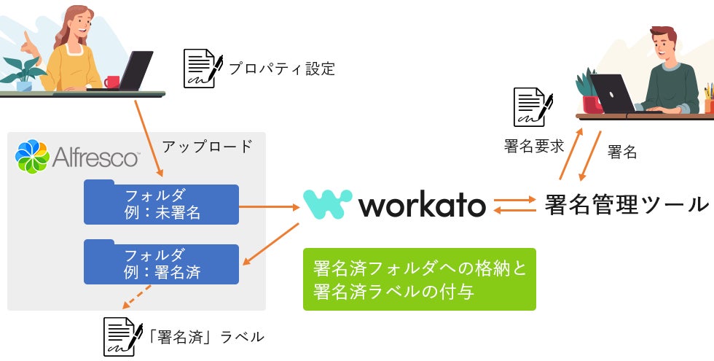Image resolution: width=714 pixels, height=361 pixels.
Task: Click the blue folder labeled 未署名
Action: tap(161, 203)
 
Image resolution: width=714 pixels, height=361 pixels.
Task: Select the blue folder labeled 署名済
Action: tap(161, 264)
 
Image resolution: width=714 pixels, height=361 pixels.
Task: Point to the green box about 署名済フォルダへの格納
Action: tap(419, 279)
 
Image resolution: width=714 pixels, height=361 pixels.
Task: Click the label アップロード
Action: tap(207, 146)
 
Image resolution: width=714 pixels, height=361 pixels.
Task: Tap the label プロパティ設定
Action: tap(281, 69)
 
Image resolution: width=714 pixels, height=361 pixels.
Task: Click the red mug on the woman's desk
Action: tap(111, 82)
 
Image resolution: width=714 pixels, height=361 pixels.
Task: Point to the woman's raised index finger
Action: tap(26, 36)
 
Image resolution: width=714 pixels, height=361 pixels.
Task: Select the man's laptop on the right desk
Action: tap(612, 93)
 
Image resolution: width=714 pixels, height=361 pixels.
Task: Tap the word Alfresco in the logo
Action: tap(95, 157)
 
